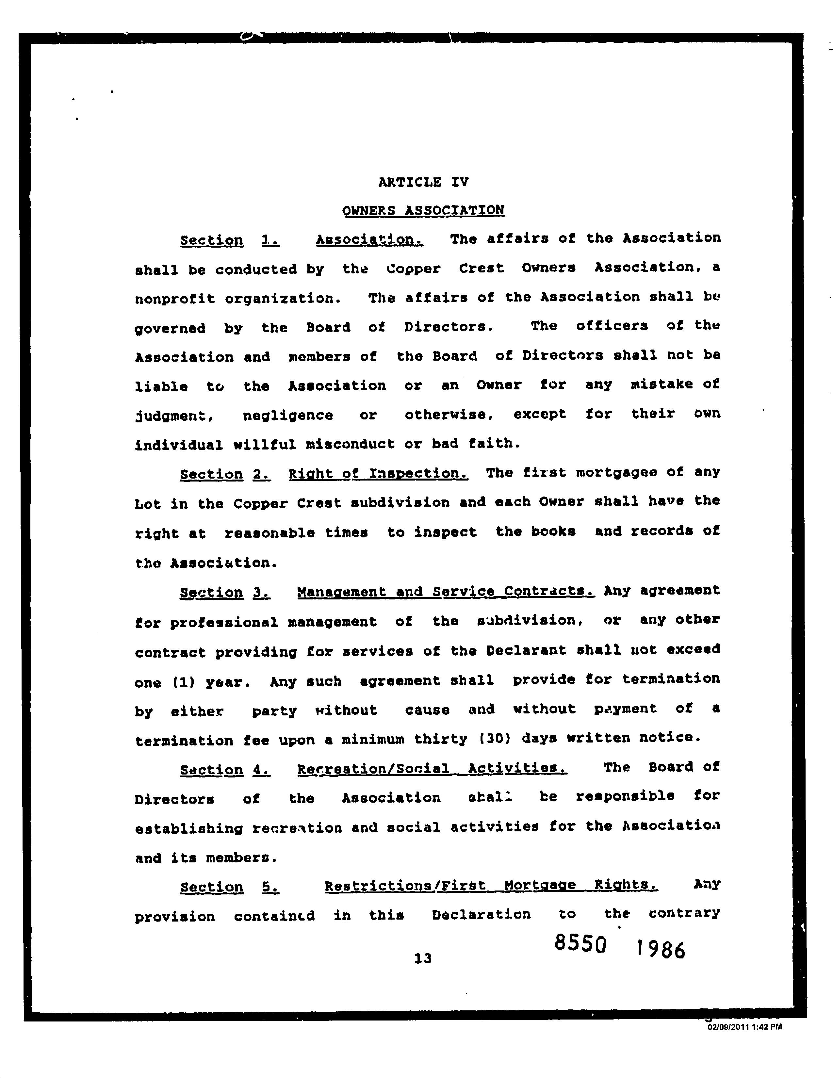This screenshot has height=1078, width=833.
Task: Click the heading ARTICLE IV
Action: pyautogui.click(x=423, y=182)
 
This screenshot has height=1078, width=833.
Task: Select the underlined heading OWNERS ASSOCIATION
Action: pyautogui.click(x=423, y=210)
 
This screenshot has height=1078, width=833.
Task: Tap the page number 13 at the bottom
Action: pyautogui.click(x=423, y=958)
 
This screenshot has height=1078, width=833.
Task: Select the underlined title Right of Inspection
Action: pyautogui.click(x=378, y=474)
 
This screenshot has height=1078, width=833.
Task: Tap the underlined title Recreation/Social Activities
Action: pyautogui.click(x=432, y=769)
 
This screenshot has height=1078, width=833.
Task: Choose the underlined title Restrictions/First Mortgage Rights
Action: pyautogui.click(x=491, y=886)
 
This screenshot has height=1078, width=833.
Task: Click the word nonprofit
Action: pyautogui.click(x=175, y=299)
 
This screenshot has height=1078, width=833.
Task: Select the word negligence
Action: pyautogui.click(x=288, y=416)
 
